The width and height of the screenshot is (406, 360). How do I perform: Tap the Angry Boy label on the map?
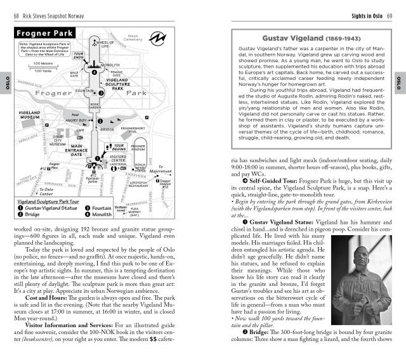pos(75,119)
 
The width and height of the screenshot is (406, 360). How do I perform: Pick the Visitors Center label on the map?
pos(119,160)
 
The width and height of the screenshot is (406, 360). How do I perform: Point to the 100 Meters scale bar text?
pos(43,63)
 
